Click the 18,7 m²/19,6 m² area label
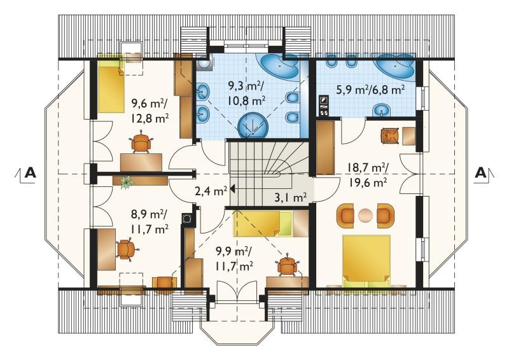tap(368, 176)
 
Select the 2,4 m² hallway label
tap(211, 191)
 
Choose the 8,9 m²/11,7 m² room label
tap(150, 221)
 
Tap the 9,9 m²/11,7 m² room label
tap(234, 259)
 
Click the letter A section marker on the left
tap(30, 172)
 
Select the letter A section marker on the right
tap(481, 172)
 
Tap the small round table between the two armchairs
tap(366, 215)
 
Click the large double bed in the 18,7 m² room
tap(366, 261)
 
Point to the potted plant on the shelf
tap(127, 183)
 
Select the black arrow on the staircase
tap(232, 189)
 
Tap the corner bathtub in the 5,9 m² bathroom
tap(394, 66)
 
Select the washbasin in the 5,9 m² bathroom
tap(381, 110)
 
